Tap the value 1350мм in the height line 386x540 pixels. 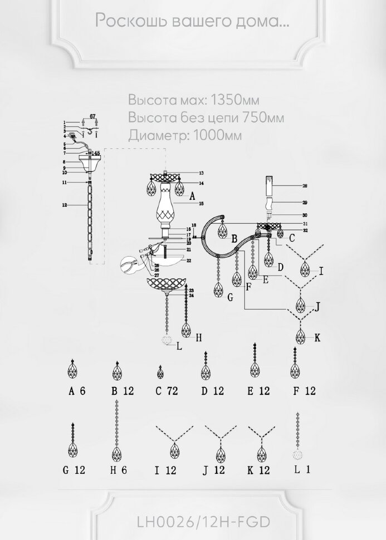(x=233, y=101)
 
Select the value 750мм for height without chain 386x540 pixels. (x=258, y=118)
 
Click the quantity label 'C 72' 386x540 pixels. (x=167, y=391)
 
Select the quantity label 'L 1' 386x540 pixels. (x=301, y=470)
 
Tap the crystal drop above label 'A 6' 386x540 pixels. (x=72, y=370)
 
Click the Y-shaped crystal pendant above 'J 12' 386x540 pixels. (x=221, y=443)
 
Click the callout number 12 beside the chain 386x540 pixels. (x=65, y=205)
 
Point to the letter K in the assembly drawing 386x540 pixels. (x=317, y=337)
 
